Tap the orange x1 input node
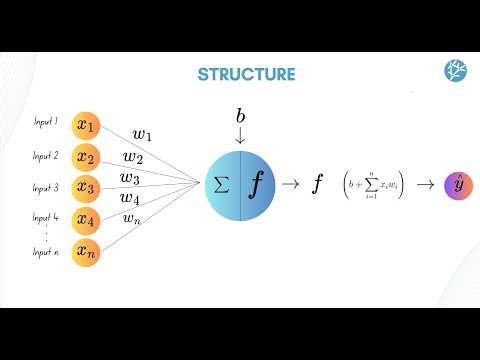(87, 127)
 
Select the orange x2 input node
(87, 158)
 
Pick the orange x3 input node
(87, 188)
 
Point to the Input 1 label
(45, 123)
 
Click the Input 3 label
(45, 187)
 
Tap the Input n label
(45, 253)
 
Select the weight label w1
(143, 134)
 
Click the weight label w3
(130, 178)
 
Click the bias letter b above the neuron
(240, 117)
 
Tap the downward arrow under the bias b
(240, 135)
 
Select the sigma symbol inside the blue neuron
(222, 185)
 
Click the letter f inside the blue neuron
(257, 185)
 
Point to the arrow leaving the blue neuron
(291, 185)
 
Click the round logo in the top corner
(454, 72)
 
